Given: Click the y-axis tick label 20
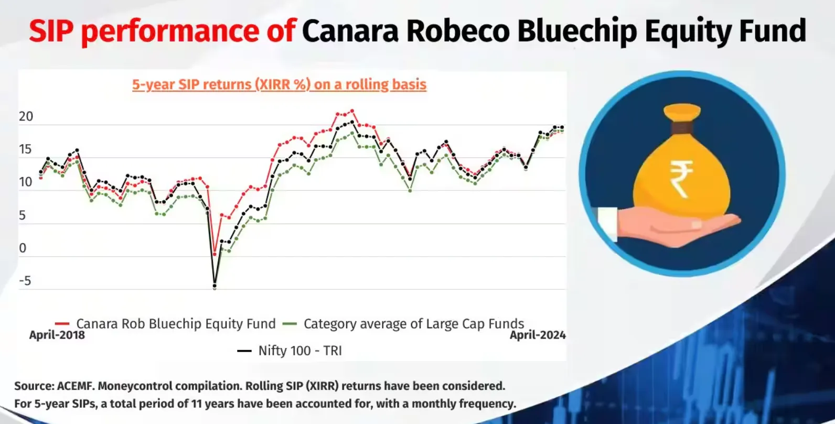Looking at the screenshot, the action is [26, 117].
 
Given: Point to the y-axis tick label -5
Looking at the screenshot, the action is [25, 280].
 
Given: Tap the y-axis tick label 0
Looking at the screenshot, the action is [23, 248].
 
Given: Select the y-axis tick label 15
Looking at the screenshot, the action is [25, 149].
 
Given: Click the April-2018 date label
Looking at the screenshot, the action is [57, 335].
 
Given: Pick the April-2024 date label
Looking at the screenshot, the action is [538, 335].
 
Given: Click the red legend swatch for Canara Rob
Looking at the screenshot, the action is [62, 324].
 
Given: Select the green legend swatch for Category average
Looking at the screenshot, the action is [290, 324].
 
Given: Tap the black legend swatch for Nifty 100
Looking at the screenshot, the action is [244, 351].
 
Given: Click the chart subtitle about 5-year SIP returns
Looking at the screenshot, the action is [279, 84].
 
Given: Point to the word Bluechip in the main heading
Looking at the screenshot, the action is [577, 31].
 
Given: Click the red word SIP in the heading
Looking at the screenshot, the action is [51, 31].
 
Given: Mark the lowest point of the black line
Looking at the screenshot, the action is [215, 287].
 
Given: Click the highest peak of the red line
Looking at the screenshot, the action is [352, 111].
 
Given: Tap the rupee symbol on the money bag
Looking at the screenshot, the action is [681, 179].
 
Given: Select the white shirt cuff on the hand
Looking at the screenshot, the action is [607, 224].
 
